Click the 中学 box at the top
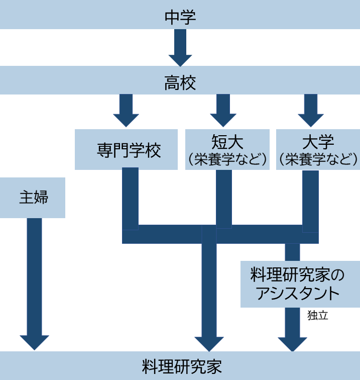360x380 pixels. [x=180, y=15]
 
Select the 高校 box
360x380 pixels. [x=180, y=80]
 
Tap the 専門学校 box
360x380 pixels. [x=126, y=149]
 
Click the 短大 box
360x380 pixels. [x=227, y=149]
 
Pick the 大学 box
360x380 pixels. [x=318, y=149]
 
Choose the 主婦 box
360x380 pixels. [x=33, y=197]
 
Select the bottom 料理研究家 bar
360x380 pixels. [x=180, y=366]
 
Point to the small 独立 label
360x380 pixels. [x=317, y=316]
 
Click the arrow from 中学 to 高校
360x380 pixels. [x=180, y=48]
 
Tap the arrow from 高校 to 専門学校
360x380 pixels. [x=126, y=111]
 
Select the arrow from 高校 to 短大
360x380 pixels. [x=223, y=111]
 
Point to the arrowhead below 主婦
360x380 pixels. [x=34, y=342]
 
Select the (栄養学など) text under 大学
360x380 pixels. [x=318, y=160]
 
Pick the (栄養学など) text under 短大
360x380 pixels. [x=227, y=160]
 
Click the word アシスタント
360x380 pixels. [x=300, y=293]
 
